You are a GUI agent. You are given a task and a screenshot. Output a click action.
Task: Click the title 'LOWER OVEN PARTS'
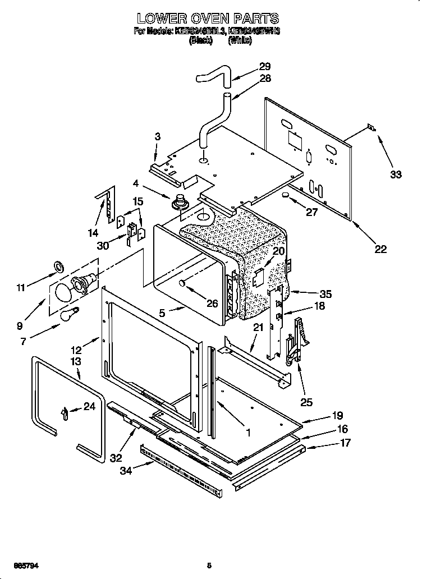[x=208, y=20]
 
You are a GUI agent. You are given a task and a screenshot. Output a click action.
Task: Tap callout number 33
[x=396, y=174]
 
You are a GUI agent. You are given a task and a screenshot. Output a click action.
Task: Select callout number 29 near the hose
[x=265, y=67]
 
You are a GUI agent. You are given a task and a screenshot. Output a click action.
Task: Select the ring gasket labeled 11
[x=58, y=265]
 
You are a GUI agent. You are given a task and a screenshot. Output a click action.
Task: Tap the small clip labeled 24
[x=65, y=412]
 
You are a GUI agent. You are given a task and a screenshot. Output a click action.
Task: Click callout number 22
[x=380, y=249]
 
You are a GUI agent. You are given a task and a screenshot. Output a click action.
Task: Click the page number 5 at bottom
[x=209, y=566]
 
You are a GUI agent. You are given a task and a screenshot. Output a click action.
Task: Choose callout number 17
[x=346, y=443]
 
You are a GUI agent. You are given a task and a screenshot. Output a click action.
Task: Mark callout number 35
[x=325, y=293]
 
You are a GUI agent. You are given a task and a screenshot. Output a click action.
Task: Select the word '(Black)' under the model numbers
[x=200, y=40]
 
